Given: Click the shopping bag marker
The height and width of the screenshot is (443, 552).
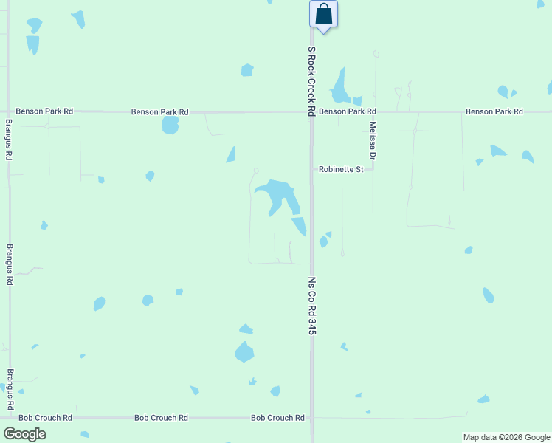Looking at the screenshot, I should pyautogui.click(x=324, y=15).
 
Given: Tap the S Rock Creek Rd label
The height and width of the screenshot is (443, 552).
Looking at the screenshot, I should pyautogui.click(x=311, y=81).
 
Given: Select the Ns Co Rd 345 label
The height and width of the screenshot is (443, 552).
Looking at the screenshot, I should pyautogui.click(x=311, y=306).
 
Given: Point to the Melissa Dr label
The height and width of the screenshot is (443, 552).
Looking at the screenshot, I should pyautogui.click(x=373, y=140).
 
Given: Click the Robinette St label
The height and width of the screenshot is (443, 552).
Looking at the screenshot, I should pyautogui.click(x=341, y=170).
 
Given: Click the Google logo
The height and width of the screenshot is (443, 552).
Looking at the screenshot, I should pyautogui.click(x=24, y=433).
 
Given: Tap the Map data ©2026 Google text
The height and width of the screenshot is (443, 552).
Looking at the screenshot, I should pyautogui.click(x=506, y=437).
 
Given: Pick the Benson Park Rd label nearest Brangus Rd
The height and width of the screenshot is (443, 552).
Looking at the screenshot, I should pyautogui.click(x=44, y=111).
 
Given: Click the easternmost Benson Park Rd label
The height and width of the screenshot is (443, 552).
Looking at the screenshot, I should pyautogui.click(x=494, y=111).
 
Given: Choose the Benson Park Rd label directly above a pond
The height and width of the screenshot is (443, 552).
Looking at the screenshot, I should pyautogui.click(x=159, y=112).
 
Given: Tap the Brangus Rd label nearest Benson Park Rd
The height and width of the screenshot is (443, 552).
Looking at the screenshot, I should pyautogui.click(x=9, y=140).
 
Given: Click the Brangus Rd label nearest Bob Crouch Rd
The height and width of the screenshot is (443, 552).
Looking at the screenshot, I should pyautogui.click(x=10, y=390).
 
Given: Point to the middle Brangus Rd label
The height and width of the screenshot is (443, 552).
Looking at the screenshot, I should pyautogui.click(x=10, y=264).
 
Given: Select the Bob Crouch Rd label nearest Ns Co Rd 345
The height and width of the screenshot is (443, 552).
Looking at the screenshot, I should pyautogui.click(x=277, y=418).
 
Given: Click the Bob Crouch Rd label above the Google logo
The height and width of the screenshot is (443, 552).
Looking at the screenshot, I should pyautogui.click(x=45, y=418).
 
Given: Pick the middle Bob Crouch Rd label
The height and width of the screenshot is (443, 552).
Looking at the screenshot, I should pyautogui.click(x=161, y=418).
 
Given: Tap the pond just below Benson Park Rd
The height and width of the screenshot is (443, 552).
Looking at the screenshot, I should pyautogui.click(x=170, y=125).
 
